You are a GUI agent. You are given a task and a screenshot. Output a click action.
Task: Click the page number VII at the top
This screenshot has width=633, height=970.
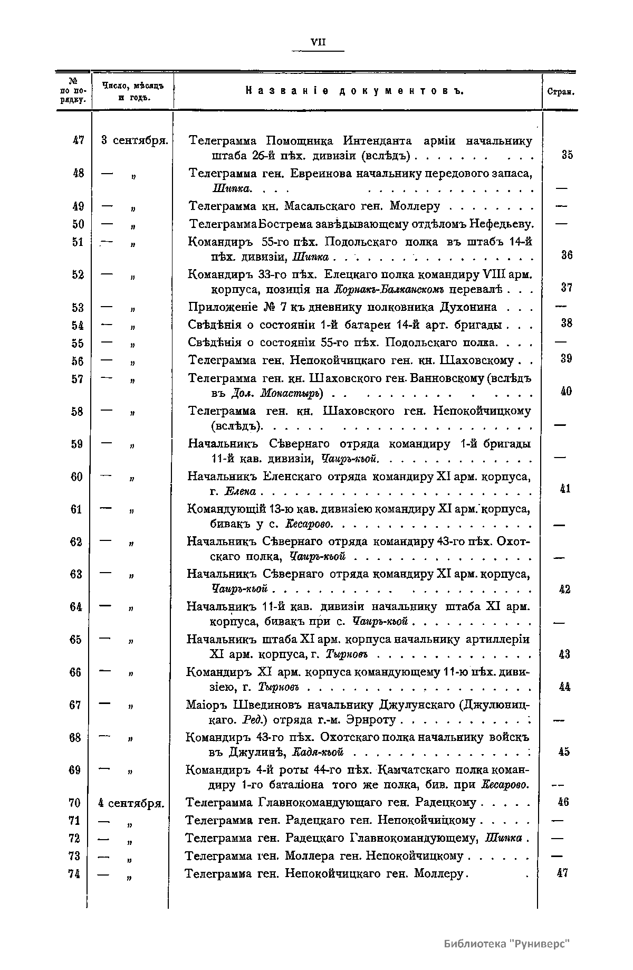[318, 42]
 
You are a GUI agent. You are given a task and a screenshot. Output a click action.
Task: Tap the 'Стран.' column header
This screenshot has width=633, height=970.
[560, 91]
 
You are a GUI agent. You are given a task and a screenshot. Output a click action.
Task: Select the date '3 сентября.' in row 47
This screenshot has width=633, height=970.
[135, 141]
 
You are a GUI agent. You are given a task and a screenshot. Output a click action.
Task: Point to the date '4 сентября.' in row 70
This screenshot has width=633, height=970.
[132, 803]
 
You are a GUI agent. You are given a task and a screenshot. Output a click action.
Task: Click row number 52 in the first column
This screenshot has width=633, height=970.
[78, 274]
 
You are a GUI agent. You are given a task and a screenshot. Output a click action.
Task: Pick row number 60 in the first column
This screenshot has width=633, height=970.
[77, 477]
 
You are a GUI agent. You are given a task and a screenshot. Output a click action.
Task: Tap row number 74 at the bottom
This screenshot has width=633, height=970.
[74, 873]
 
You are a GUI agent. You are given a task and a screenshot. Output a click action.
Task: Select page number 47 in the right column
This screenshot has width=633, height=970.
[562, 873]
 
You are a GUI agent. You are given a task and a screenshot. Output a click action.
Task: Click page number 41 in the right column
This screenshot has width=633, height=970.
[565, 489]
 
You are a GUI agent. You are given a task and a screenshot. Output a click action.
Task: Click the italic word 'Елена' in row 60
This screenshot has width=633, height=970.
[240, 492]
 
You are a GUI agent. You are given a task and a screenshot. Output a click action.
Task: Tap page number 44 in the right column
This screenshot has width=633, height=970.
[565, 687]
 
